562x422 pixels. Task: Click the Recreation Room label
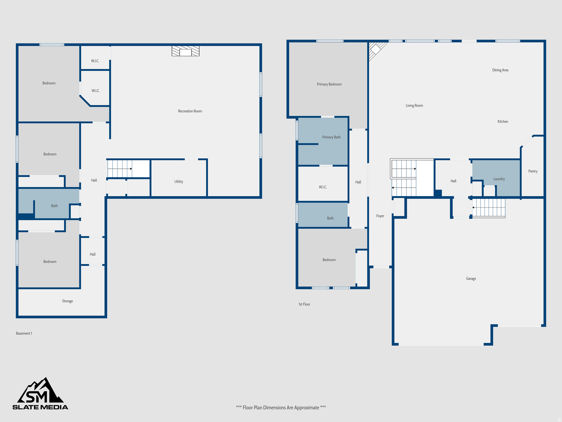190,111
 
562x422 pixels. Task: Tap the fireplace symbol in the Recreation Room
186,51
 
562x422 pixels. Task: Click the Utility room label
179,182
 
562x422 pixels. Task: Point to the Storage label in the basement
68,301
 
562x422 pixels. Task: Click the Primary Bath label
331,137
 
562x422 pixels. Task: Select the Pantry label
533,171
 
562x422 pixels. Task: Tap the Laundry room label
499,179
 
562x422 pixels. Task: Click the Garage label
471,279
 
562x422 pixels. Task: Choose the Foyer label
380,216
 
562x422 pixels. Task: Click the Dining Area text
500,70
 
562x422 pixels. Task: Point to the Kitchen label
503,121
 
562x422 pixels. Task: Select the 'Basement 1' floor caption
24,333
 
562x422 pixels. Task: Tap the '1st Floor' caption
304,304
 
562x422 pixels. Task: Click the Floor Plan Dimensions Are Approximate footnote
281,407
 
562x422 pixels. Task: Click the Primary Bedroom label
329,84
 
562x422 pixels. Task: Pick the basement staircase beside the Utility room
120,169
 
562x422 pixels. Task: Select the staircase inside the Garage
489,208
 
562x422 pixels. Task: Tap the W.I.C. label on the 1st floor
323,187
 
